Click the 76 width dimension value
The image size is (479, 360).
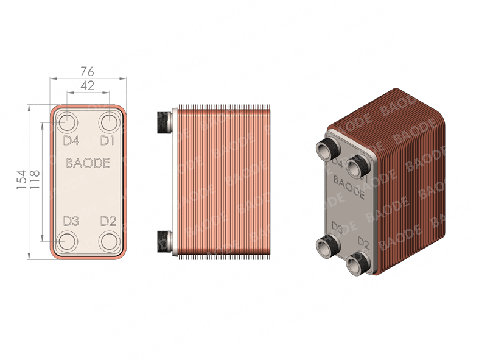pyautogui.click(x=88, y=71)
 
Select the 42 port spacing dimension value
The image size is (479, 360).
pyautogui.click(x=88, y=86)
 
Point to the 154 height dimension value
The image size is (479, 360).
pyautogui.click(x=21, y=180)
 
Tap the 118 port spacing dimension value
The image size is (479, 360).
pyautogui.click(x=35, y=180)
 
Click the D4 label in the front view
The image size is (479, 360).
pyautogui.click(x=71, y=141)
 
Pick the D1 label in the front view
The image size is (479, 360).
pyautogui.click(x=108, y=141)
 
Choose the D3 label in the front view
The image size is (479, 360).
pyautogui.click(x=71, y=221)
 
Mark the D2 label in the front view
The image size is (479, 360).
pyautogui.click(x=108, y=221)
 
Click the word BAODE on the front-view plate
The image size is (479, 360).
pyautogui.click(x=88, y=163)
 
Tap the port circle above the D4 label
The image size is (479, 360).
pyautogui.click(x=67, y=122)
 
